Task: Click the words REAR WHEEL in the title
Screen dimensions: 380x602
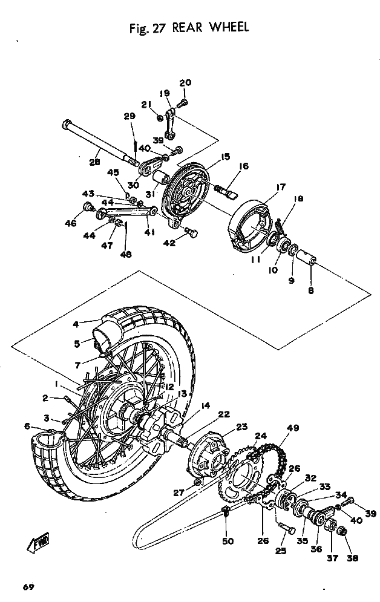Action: click(x=211, y=28)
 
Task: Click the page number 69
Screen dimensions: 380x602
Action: click(x=28, y=587)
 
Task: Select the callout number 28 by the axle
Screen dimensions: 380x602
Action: click(x=94, y=162)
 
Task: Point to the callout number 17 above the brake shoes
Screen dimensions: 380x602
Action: click(x=281, y=187)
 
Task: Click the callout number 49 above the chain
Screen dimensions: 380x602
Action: click(x=293, y=428)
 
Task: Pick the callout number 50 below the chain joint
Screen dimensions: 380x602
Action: click(x=228, y=541)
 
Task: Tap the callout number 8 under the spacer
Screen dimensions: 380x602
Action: click(x=311, y=290)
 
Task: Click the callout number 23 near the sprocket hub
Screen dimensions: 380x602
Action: click(x=242, y=427)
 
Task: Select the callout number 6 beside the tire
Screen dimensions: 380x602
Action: click(x=27, y=426)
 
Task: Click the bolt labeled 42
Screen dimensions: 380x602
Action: click(x=191, y=232)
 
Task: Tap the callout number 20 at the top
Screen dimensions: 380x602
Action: click(x=185, y=82)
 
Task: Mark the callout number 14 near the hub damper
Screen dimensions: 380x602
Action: click(x=206, y=405)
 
